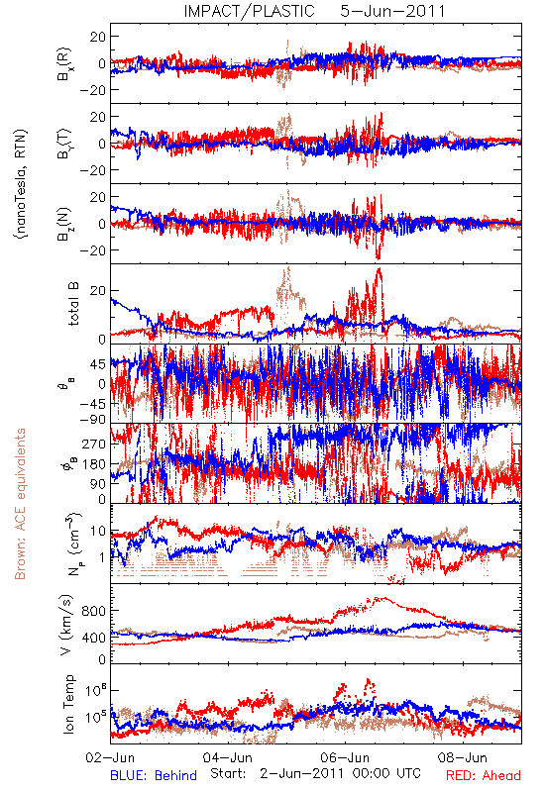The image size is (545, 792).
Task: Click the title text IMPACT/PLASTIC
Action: pos(249,11)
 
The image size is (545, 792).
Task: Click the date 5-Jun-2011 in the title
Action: pos(392,11)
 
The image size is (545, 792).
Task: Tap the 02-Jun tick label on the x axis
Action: pos(110,757)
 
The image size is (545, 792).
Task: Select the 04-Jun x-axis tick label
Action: pos(228,757)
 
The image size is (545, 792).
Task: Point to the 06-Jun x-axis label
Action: pos(345,757)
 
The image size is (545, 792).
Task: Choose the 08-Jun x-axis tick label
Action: pos(463,757)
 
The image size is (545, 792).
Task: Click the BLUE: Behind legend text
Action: pos(154,775)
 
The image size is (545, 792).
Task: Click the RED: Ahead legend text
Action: pos(484,775)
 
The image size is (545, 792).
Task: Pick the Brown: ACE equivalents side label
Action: pos(20,504)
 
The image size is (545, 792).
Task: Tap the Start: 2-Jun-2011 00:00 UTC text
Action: pos(315,773)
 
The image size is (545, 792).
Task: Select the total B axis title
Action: pos(72,304)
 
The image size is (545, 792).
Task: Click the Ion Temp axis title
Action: pos(68,703)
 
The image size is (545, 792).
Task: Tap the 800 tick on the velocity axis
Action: pos(94,611)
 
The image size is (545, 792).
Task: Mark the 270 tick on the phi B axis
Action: pos(95,444)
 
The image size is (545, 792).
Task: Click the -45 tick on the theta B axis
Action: pos(93,404)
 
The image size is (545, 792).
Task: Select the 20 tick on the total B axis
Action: pos(98,290)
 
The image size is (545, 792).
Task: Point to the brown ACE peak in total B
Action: pos(287,268)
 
